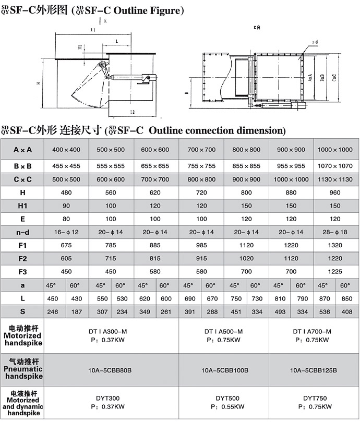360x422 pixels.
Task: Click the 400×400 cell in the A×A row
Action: (x=66, y=150)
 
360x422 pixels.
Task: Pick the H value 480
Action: (x=66, y=192)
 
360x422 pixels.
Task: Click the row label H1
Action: (x=22, y=206)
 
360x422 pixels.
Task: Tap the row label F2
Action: (x=22, y=258)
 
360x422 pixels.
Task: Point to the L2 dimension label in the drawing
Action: (x=132, y=112)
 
